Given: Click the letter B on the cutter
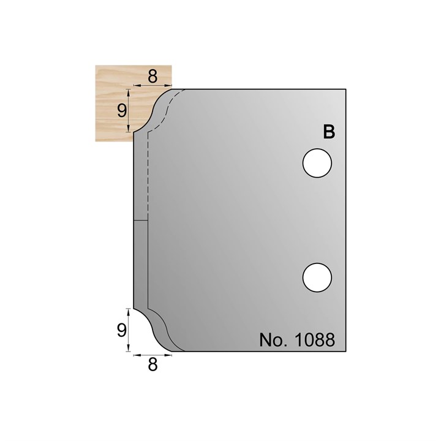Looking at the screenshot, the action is pyautogui.click(x=329, y=132).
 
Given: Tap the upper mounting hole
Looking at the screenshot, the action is pyautogui.click(x=317, y=163).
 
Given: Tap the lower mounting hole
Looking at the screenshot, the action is pyautogui.click(x=317, y=277).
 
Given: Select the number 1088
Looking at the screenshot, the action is pyautogui.click(x=315, y=340).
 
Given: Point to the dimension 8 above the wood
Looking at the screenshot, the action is pyautogui.click(x=153, y=76).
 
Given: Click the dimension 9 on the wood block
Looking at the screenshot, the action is pyautogui.click(x=122, y=110).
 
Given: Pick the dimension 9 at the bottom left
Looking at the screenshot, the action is pyautogui.click(x=122, y=330).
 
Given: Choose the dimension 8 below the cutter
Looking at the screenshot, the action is pyautogui.click(x=153, y=365).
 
